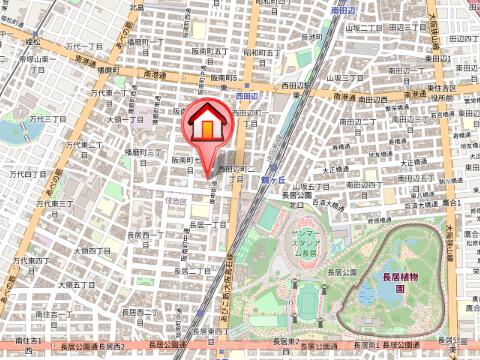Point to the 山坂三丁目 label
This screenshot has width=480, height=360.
point(356,76)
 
